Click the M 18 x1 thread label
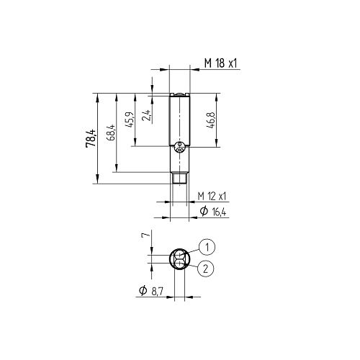tap(220, 63)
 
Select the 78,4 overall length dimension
tap(91, 138)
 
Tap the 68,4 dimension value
tap(112, 132)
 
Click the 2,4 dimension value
tap(147, 115)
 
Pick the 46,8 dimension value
tap(210, 120)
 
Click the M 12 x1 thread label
tap(212, 196)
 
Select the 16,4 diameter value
tap(219, 212)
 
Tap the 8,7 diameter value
tap(157, 291)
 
